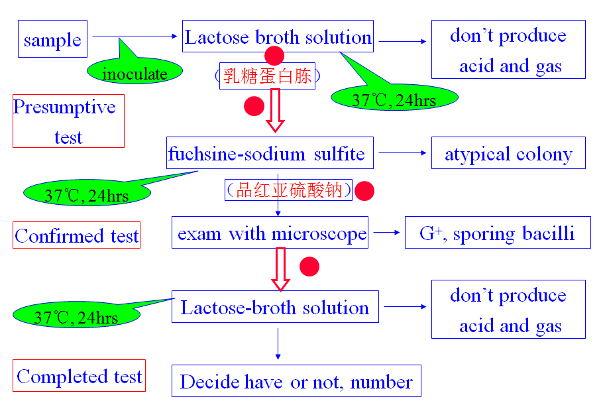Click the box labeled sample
pos(52,40)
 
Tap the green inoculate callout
pos(135,73)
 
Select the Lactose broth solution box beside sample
pos(278,36)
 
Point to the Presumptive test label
pos(68,122)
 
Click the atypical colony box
pos(508,154)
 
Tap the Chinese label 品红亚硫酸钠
pos(288,190)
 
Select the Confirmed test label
pos(77,235)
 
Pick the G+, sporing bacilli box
pos(498,233)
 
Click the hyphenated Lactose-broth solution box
pos(275,308)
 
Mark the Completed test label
pos(79,377)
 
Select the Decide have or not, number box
pos(296,381)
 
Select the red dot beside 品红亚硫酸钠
pos(364,191)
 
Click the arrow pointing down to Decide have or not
pos(278,343)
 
